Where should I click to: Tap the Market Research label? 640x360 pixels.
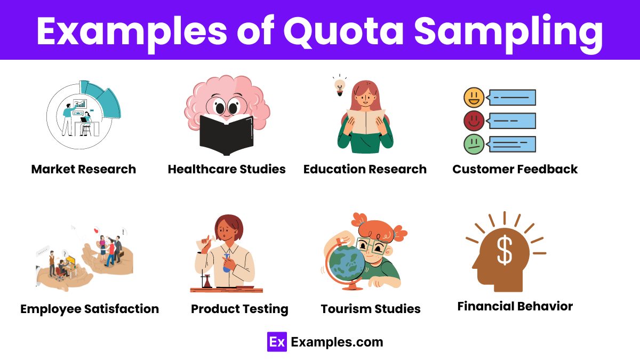pyautogui.click(x=84, y=170)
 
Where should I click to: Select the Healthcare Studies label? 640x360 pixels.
pyautogui.click(x=227, y=170)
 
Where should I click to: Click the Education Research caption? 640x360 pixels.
pyautogui.click(x=365, y=170)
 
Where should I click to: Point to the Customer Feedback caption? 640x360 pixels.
pyautogui.click(x=515, y=170)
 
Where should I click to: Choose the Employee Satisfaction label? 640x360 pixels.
pyautogui.click(x=90, y=309)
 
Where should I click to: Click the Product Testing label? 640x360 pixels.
pyautogui.click(x=239, y=309)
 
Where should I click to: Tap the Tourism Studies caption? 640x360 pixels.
pyautogui.click(x=371, y=309)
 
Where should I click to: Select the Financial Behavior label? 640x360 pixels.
pyautogui.click(x=515, y=306)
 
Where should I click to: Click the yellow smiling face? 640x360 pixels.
pyautogui.click(x=474, y=98)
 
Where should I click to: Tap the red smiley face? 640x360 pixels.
pyautogui.click(x=474, y=121)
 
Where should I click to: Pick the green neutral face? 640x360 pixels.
pyautogui.click(x=474, y=144)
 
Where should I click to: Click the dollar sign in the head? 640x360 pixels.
pyautogui.click(x=505, y=251)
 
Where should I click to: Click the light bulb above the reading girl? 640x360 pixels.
pyautogui.click(x=339, y=85)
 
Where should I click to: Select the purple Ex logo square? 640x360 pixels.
pyautogui.click(x=277, y=342)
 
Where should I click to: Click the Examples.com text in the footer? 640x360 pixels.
pyautogui.click(x=337, y=342)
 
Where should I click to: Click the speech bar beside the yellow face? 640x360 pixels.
pyautogui.click(x=512, y=98)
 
